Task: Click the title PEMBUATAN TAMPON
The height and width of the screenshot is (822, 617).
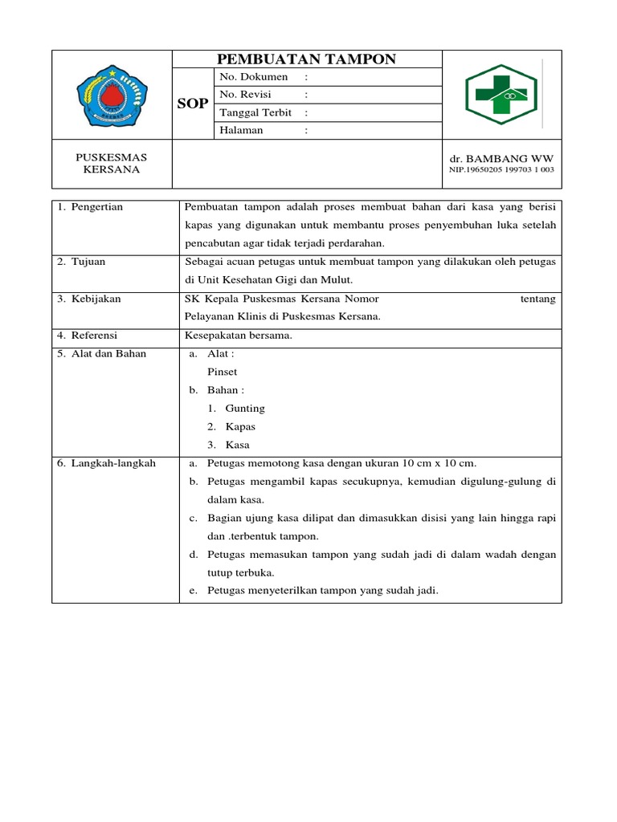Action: (x=307, y=59)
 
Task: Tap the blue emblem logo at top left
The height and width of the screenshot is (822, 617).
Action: (x=113, y=95)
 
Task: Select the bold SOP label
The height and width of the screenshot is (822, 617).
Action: (x=194, y=104)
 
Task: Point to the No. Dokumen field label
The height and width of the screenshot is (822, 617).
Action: (x=253, y=77)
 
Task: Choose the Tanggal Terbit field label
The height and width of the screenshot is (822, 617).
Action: (x=255, y=112)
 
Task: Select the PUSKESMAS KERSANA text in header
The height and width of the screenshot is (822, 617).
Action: (x=112, y=163)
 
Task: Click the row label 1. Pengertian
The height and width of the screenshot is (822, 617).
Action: (x=90, y=207)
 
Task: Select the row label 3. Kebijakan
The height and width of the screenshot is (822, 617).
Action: (x=89, y=299)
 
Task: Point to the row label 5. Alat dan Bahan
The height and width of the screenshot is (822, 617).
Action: (x=102, y=353)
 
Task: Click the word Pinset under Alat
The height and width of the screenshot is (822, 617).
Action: (x=222, y=372)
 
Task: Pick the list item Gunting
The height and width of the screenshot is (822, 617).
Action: (x=244, y=409)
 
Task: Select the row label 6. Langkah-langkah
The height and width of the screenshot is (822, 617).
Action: (x=106, y=463)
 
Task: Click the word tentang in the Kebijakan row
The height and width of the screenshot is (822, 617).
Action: (x=538, y=299)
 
